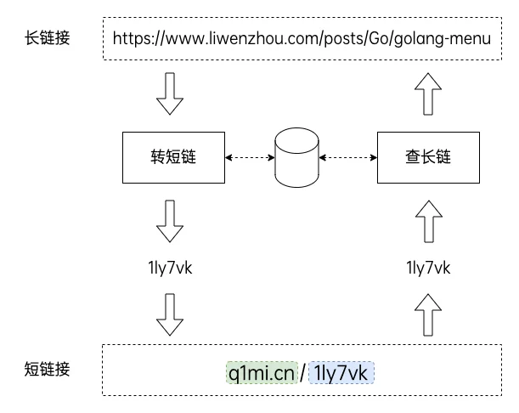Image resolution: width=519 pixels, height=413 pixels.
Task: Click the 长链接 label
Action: [48, 38]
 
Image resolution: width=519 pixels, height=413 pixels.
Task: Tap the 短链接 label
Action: [48, 369]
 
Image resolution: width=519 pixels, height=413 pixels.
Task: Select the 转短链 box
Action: [173, 157]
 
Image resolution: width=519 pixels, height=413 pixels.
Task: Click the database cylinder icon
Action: [295, 158]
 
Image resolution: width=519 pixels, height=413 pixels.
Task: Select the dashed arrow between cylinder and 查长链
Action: [347, 157]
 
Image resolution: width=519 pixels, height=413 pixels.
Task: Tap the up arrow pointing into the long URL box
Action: [427, 93]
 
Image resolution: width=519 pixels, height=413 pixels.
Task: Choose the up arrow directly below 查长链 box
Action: [427, 221]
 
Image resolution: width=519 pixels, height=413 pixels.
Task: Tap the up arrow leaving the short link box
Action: [427, 314]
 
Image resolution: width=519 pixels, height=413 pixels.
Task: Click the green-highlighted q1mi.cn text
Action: [262, 372]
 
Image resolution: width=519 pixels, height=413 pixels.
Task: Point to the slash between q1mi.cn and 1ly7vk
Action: [302, 372]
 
